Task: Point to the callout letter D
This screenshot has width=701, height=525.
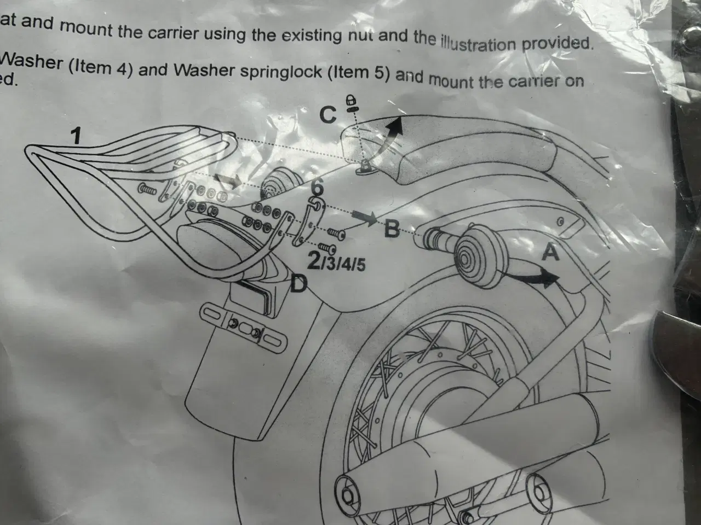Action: click(x=298, y=283)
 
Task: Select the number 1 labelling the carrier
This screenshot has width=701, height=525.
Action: click(x=76, y=136)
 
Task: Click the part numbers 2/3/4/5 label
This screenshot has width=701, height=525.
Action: click(x=336, y=263)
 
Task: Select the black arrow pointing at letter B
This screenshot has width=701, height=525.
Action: click(x=365, y=218)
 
